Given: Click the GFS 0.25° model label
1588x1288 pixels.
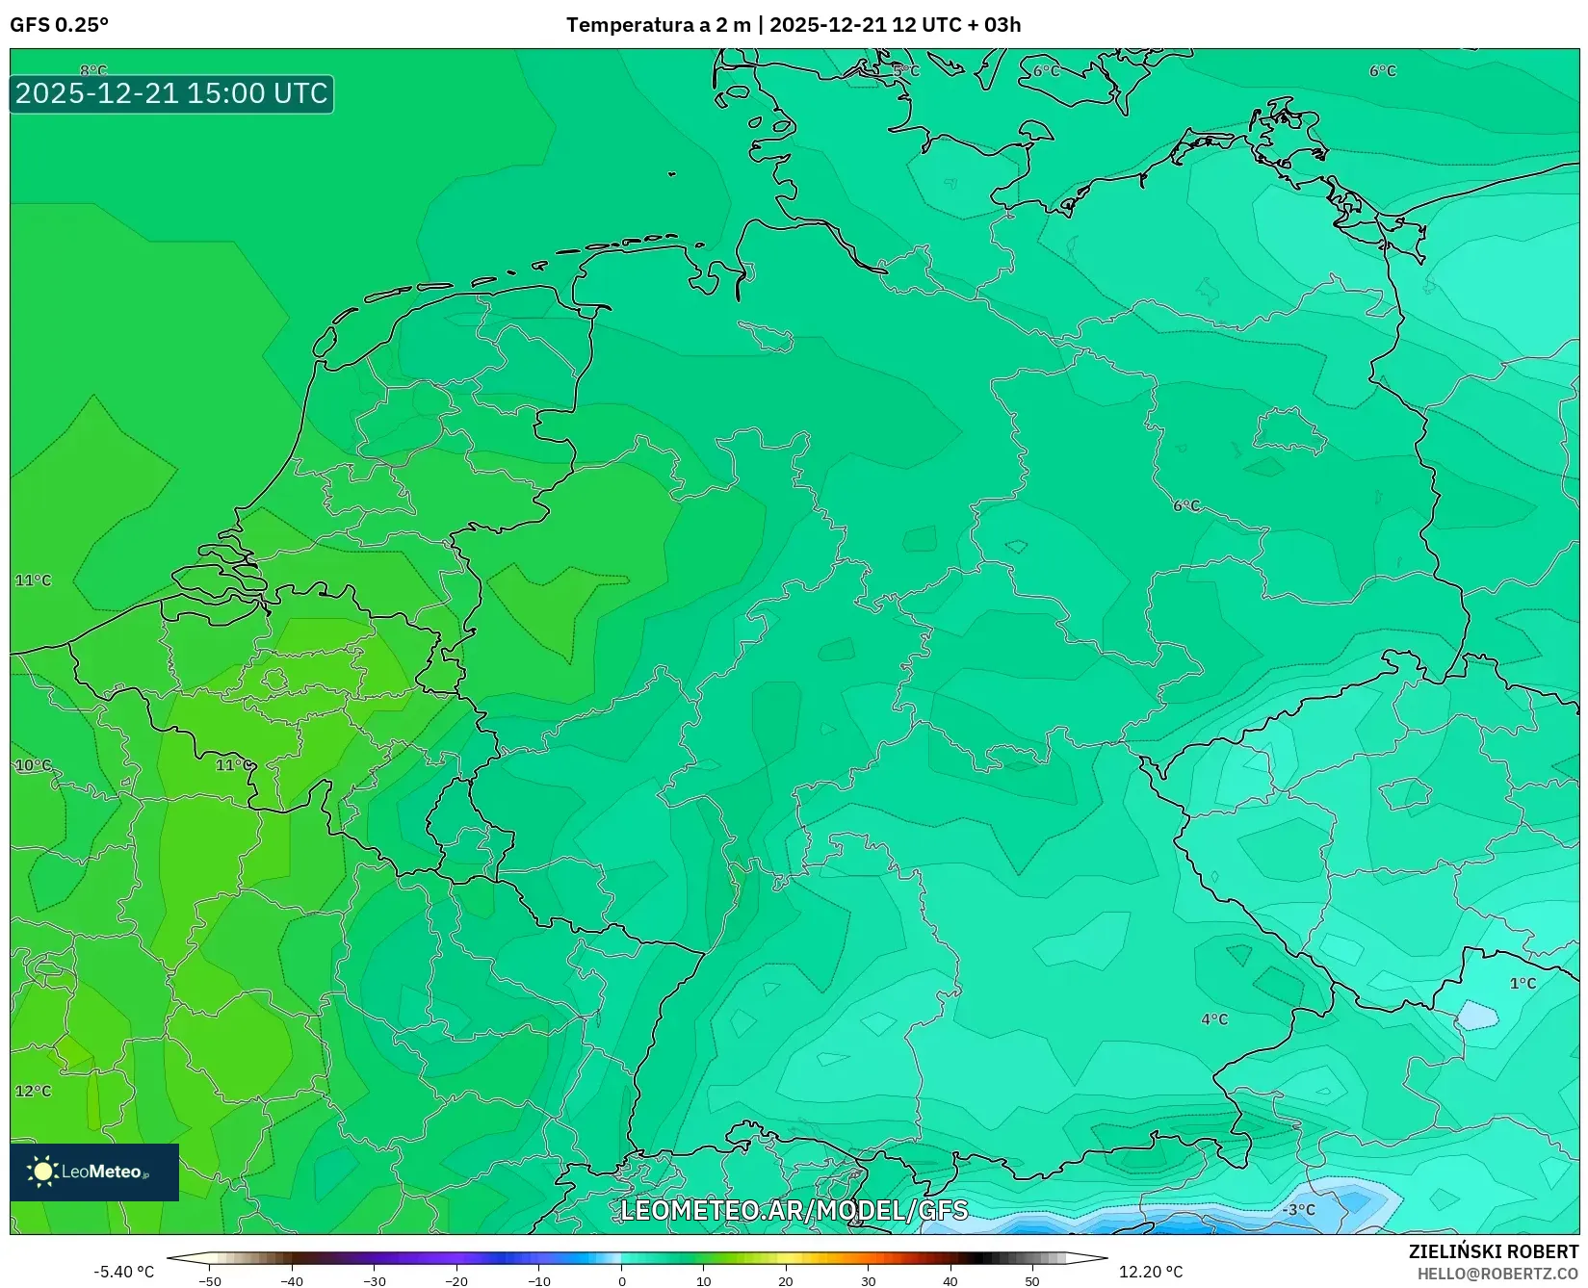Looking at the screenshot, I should pyautogui.click(x=59, y=25).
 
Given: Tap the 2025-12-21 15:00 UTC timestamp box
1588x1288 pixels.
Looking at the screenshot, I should pyautogui.click(x=171, y=93).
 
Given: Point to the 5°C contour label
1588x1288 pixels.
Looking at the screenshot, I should pyautogui.click(x=905, y=71).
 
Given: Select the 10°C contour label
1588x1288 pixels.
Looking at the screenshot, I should pyautogui.click(x=33, y=765).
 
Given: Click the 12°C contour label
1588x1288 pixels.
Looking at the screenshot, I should pyautogui.click(x=33, y=1091).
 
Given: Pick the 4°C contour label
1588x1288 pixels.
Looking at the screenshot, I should pyautogui.click(x=1214, y=1019).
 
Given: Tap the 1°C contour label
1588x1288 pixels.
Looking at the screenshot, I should pyautogui.click(x=1523, y=983).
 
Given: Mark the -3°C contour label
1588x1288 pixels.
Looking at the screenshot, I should pyautogui.click(x=1298, y=1209).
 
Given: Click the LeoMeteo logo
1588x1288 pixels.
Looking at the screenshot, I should pyautogui.click(x=94, y=1172).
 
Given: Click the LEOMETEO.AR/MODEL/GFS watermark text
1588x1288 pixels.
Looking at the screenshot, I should pyautogui.click(x=794, y=1210).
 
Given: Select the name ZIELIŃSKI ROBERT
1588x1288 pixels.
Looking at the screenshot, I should pyautogui.click(x=1494, y=1251).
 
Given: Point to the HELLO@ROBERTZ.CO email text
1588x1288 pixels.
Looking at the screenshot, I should pyautogui.click(x=1497, y=1274).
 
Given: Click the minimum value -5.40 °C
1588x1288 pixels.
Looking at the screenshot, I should pyautogui.click(x=123, y=1272).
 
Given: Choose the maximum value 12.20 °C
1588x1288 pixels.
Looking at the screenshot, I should pyautogui.click(x=1151, y=1272).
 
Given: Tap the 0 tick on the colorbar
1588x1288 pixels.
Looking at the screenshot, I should pyautogui.click(x=622, y=1281).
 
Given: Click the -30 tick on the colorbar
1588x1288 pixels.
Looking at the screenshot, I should pyautogui.click(x=375, y=1281).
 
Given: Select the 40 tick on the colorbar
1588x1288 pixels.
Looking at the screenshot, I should pyautogui.click(x=950, y=1281).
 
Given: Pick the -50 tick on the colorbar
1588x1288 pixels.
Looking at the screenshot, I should pyautogui.click(x=210, y=1281).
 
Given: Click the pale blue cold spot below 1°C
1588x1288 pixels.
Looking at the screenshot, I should pyautogui.click(x=1476, y=1015).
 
